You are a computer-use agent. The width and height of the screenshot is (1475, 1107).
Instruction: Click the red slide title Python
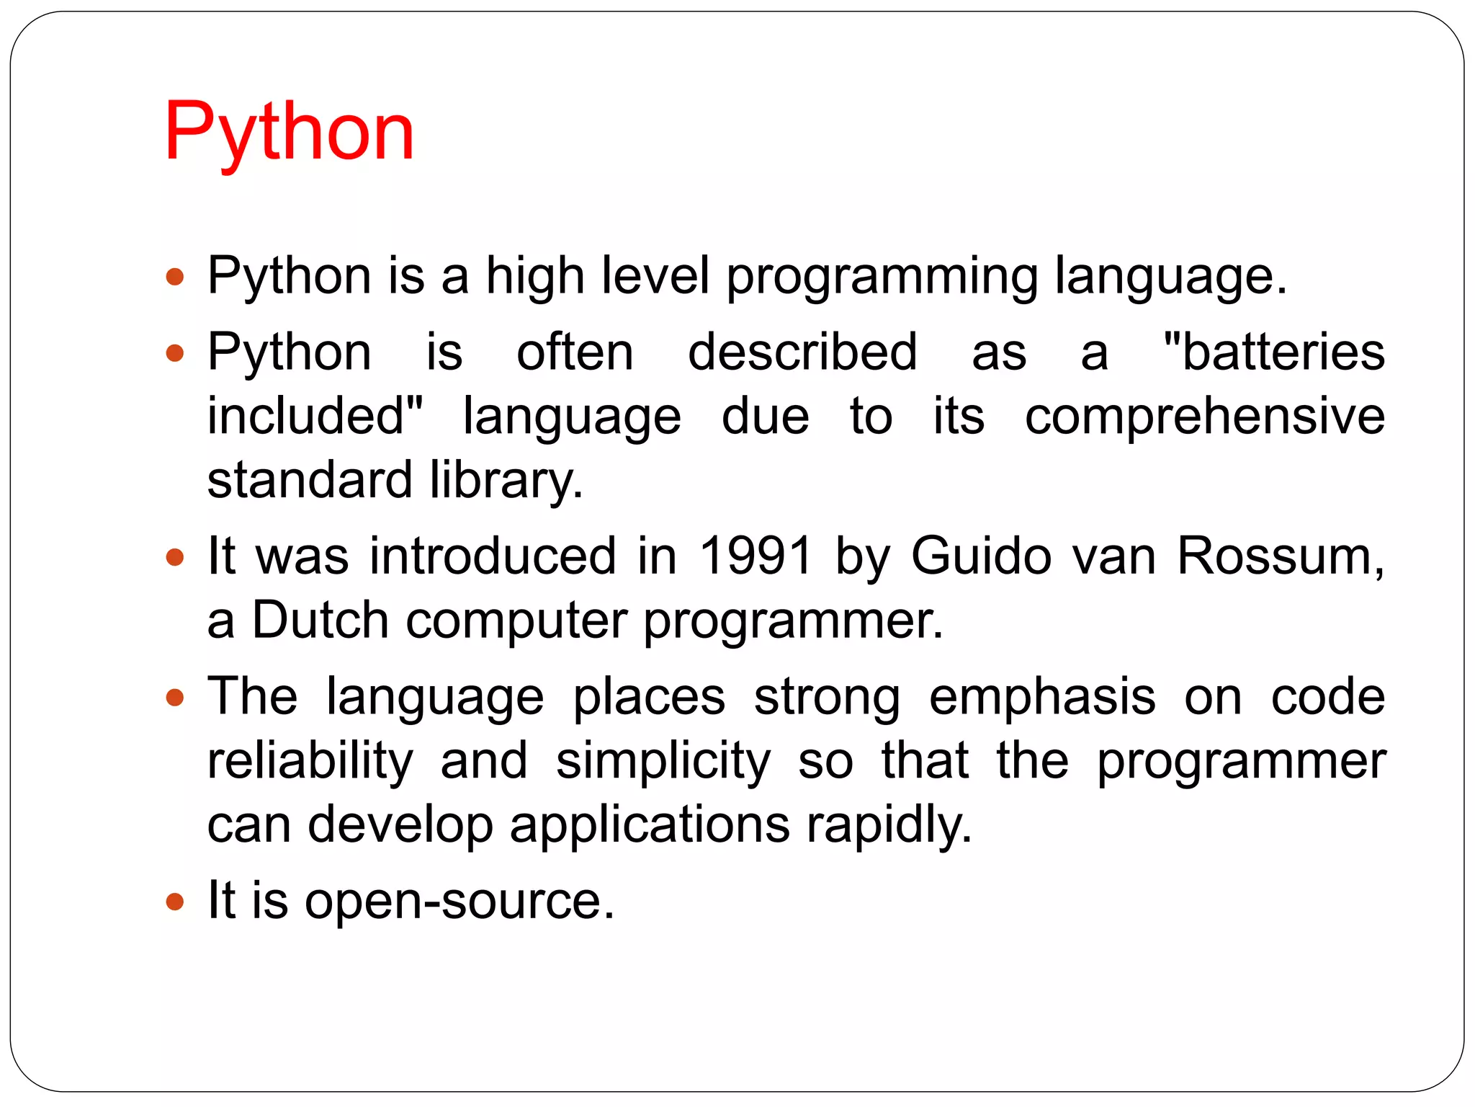coord(289,132)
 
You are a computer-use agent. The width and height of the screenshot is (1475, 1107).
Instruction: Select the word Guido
coord(981,556)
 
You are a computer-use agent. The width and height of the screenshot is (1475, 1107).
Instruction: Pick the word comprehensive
coord(1205,416)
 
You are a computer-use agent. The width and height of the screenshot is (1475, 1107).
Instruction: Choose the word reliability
coord(310,760)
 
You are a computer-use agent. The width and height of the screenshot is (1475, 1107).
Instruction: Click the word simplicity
coord(663,760)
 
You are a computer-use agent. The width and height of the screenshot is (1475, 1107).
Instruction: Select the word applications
coord(650,824)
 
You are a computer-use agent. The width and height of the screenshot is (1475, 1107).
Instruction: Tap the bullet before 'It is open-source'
coord(175,902)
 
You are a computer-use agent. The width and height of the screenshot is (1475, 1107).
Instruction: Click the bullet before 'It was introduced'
coord(175,557)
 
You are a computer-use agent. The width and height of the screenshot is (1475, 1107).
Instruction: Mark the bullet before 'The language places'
coord(175,698)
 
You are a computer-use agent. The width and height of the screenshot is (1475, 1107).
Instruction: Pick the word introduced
coord(493,556)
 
